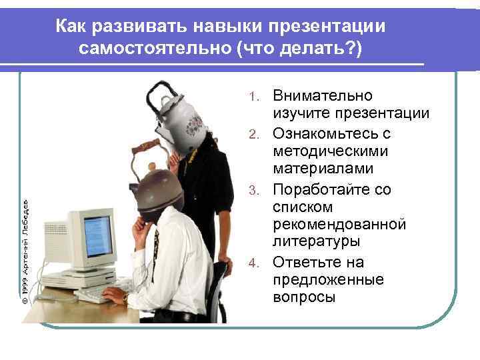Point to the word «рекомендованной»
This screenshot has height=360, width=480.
tap(339, 223)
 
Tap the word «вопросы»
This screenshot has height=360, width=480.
tap(304, 297)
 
